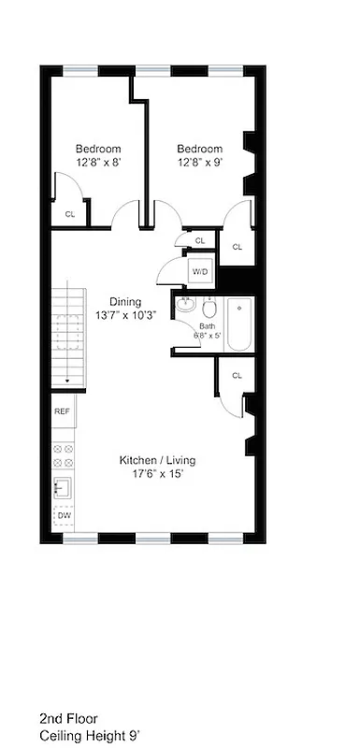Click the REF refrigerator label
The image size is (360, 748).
63,411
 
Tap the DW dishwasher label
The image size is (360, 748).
64,515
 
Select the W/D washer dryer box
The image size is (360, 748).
200,271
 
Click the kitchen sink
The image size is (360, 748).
64,486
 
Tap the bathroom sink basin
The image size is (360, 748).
185,305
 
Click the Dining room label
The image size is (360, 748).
125,301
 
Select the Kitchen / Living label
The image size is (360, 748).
157,460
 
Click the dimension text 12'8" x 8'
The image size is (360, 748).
98,163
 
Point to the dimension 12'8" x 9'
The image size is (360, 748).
200,163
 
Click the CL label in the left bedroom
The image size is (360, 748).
69,214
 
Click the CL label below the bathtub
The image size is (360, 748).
237,376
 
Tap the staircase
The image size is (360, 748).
67,336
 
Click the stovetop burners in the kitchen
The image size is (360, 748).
64,455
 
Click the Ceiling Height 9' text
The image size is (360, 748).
90,736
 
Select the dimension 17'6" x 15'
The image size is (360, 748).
157,474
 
